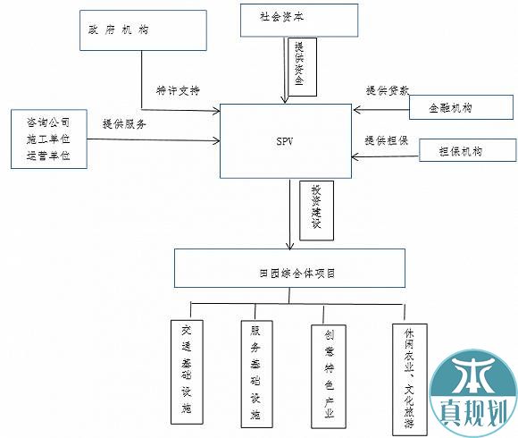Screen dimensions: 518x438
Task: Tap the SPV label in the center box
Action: pyautogui.click(x=284, y=141)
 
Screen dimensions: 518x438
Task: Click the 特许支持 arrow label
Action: pyautogui.click(x=178, y=90)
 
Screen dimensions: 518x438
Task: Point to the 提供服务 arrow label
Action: pyautogui.click(x=124, y=124)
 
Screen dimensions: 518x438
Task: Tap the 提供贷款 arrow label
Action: pyautogui.click(x=388, y=90)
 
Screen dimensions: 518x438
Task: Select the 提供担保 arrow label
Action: pyautogui.click(x=387, y=140)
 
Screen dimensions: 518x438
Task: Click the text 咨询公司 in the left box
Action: pyautogui.click(x=48, y=122)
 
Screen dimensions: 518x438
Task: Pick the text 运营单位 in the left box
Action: pyautogui.click(x=48, y=156)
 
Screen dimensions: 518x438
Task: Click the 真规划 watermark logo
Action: pyautogui.click(x=473, y=393)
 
